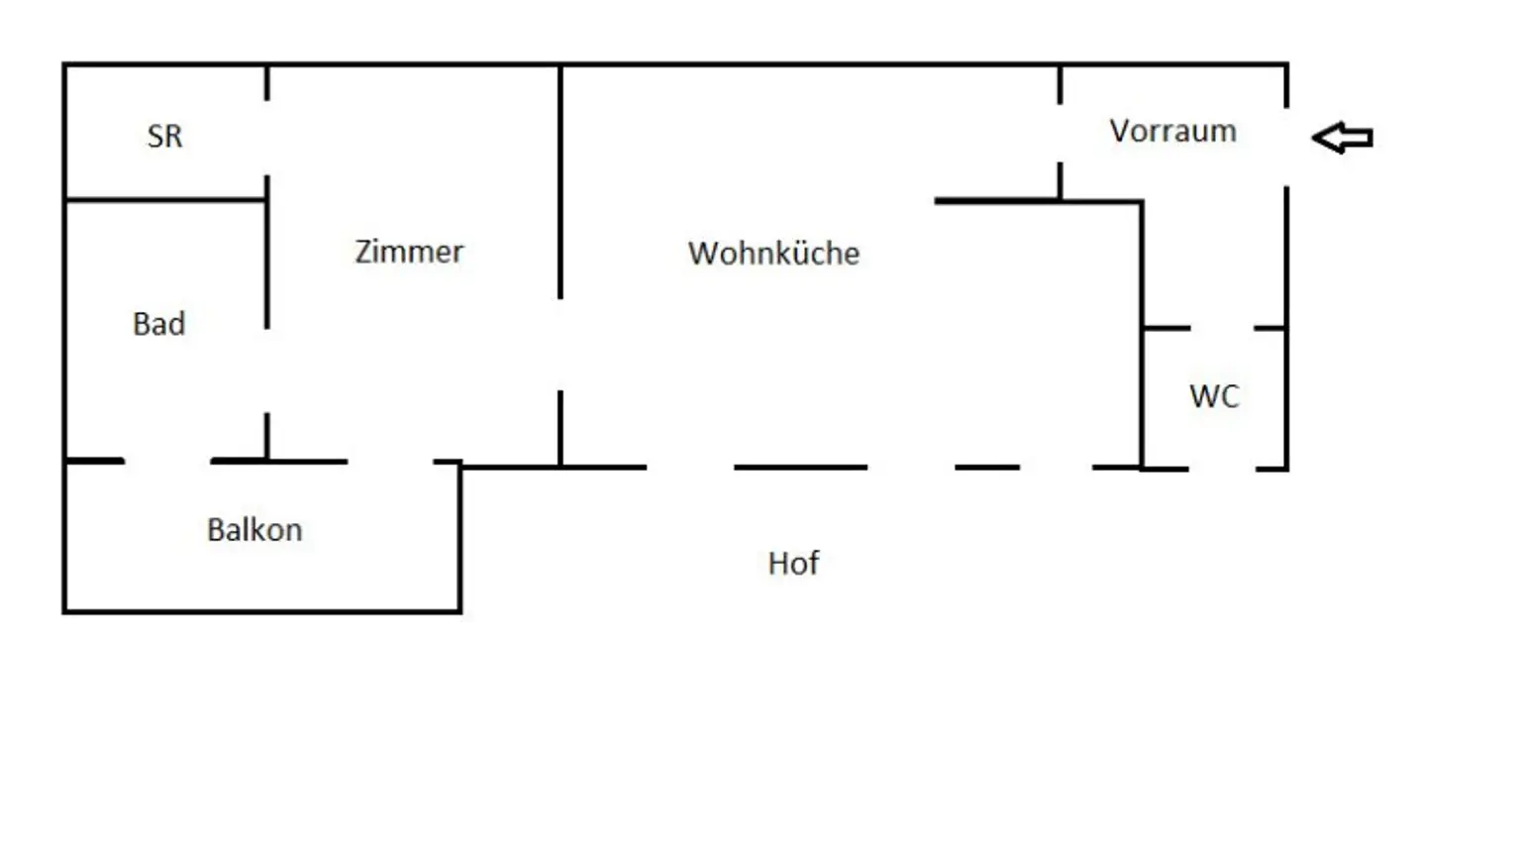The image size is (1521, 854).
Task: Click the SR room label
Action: coord(164,136)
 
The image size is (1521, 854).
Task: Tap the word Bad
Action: coord(158,324)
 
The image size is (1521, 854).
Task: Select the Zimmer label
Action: coord(409,252)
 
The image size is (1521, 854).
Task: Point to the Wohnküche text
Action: coord(773,254)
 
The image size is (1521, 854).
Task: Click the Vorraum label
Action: coord(1172,131)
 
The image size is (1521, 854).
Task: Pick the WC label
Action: coord(1214,396)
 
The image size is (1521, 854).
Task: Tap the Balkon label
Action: coord(254,530)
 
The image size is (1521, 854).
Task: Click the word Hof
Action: coord(793,564)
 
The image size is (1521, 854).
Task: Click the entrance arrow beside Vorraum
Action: coord(1342,137)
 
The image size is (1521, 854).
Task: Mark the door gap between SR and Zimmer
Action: coord(267,138)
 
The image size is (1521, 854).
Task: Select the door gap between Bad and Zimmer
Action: coord(267,371)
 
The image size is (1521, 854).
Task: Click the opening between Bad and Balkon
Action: coord(167,461)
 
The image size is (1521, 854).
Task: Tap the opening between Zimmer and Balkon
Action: coord(390,462)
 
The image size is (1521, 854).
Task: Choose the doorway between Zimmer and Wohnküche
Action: coord(560,345)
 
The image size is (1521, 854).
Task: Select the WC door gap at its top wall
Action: coord(1222,328)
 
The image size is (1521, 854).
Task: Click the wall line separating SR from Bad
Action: coord(165,200)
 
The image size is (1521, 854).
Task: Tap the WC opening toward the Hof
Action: coord(1222,469)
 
